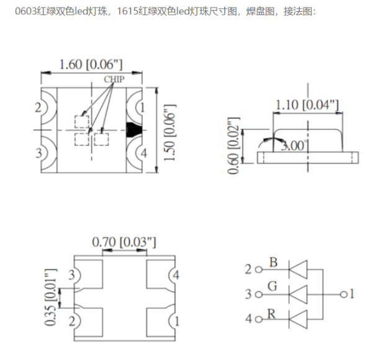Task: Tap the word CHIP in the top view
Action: coord(114,80)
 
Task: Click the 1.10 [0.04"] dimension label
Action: coord(307,105)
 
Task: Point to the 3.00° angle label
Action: coord(295,146)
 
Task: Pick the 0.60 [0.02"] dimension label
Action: coord(234,145)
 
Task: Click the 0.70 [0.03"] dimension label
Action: coord(124,241)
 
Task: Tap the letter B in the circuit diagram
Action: coord(273,263)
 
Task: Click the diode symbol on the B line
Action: coord(299,269)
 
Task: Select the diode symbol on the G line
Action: coord(299,294)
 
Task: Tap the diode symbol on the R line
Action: coord(299,319)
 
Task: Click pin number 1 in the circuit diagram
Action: coord(351,294)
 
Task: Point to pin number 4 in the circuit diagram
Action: coord(248,319)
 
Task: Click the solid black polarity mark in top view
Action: coord(133,130)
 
